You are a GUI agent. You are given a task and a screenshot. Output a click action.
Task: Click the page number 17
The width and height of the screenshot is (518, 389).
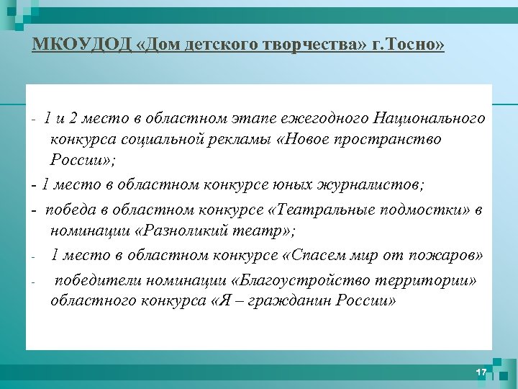click(x=481, y=372)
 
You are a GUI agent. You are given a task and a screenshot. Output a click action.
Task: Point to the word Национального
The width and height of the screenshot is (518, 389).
click(x=429, y=117)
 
